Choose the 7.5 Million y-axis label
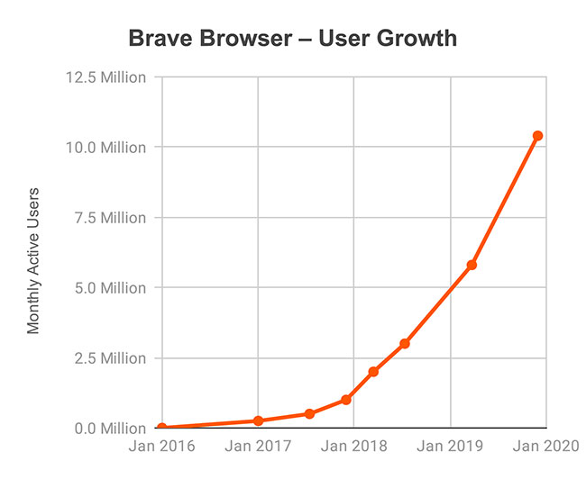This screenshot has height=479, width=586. [x=107, y=218]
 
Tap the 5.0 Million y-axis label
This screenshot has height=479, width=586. [x=107, y=288]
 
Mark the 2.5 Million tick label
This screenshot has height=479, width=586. [x=107, y=358]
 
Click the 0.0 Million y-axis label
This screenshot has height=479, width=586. [x=107, y=429]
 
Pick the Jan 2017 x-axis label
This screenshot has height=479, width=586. [x=258, y=447]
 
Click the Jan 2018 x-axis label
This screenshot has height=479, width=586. [x=353, y=447]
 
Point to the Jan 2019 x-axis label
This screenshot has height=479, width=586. [x=450, y=447]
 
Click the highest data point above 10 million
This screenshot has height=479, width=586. [x=537, y=136]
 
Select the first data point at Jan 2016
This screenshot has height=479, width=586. [x=162, y=428]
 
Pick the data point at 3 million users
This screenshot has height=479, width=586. [x=405, y=344]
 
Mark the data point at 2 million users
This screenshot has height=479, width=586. [x=373, y=372]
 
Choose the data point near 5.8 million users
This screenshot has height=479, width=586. [x=472, y=266]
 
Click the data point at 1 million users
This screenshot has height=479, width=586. [x=346, y=400]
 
